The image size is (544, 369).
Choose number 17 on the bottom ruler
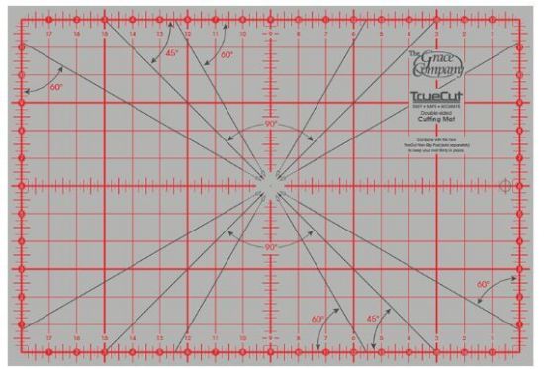[x=48, y=338]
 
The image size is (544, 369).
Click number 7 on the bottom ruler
[x=325, y=338]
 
